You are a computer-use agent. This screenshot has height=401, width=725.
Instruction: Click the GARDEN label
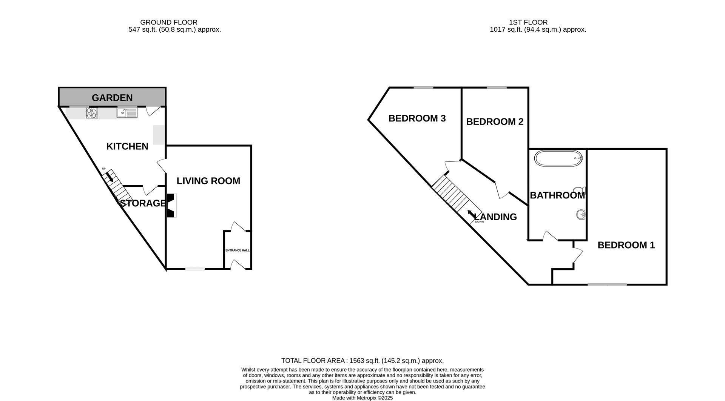[x=112, y=98]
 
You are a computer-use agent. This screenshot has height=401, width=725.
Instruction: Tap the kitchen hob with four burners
[x=92, y=113]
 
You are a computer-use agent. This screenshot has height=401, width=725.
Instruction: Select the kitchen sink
[x=127, y=113]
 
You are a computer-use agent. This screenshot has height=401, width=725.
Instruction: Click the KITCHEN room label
[x=127, y=146]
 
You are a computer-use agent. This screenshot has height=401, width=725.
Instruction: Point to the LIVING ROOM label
[x=208, y=181]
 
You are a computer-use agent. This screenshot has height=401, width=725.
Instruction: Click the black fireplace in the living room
[x=171, y=206]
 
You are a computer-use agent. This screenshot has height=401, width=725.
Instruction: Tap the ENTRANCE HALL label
[x=238, y=250]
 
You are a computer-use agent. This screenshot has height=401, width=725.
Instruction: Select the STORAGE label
[x=143, y=203]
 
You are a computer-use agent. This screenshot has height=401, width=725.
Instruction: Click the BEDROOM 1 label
[x=626, y=245]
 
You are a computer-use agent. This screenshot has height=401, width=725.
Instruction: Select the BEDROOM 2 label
[x=495, y=121]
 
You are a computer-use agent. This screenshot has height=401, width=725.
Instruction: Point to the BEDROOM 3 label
[x=417, y=118]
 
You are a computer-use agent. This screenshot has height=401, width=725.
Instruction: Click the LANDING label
[x=495, y=217]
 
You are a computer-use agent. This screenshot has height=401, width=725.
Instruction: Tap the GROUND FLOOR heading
[x=169, y=23]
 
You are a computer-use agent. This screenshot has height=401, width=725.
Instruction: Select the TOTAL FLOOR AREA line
[x=362, y=361]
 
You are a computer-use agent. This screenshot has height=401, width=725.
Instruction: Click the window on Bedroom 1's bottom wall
[x=607, y=284]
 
